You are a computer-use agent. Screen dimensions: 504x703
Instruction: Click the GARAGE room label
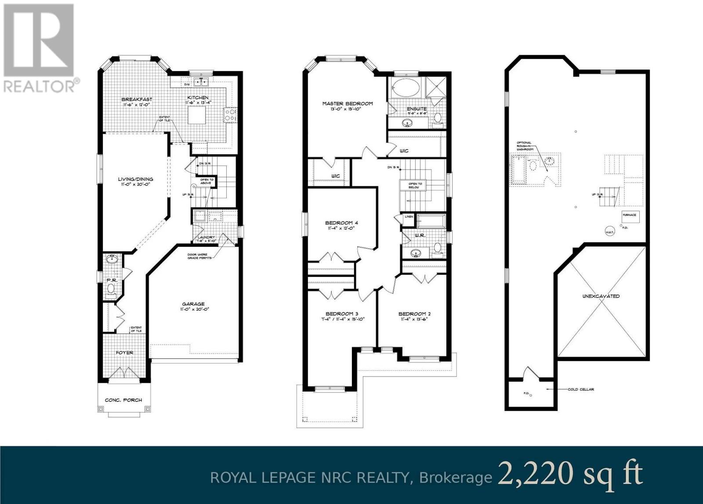pyautogui.click(x=193, y=304)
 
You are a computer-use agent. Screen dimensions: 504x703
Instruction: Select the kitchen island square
pyautogui.click(x=195, y=117)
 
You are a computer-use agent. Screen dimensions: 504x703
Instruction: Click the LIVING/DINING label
pyautogui.click(x=135, y=179)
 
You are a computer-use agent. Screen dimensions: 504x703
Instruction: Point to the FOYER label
pyautogui.click(x=124, y=352)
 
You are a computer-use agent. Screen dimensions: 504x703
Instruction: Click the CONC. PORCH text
pyautogui.click(x=123, y=400)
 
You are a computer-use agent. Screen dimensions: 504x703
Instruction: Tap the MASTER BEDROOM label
pyautogui.click(x=347, y=104)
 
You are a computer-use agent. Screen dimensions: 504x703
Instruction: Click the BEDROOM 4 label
pyautogui.click(x=342, y=223)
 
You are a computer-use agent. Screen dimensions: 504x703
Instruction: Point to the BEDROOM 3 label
pyautogui.click(x=342, y=313)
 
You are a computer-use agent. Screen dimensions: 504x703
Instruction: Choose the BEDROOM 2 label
pyautogui.click(x=414, y=314)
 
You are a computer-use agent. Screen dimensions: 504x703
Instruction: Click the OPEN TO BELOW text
pyautogui.click(x=415, y=185)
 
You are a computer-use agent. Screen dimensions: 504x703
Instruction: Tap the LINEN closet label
pyautogui.click(x=408, y=217)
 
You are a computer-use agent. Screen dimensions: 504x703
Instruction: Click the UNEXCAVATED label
pyautogui.click(x=600, y=296)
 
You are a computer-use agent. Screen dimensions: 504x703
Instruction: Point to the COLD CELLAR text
pyautogui.click(x=581, y=389)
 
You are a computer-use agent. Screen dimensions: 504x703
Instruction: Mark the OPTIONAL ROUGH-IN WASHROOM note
pyautogui.click(x=524, y=146)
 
